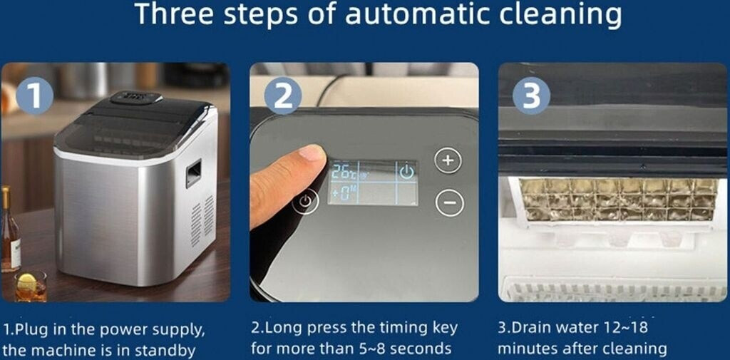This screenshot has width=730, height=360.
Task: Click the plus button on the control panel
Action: (448, 160)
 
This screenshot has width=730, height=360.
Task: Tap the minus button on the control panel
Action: (450, 203)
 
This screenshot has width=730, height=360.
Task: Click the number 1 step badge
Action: (34, 96)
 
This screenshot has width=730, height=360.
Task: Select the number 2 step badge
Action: (283, 96)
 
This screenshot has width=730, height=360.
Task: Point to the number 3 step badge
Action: (531, 96)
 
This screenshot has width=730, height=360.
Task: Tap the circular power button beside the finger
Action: (305, 202)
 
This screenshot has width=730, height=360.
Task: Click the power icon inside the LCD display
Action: (406, 172)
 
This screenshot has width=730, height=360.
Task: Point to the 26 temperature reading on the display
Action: (340, 172)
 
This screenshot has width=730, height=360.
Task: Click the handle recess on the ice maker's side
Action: (194, 173)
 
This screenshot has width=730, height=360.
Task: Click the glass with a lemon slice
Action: (30, 287)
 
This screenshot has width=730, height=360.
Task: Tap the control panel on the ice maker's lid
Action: (136, 98)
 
